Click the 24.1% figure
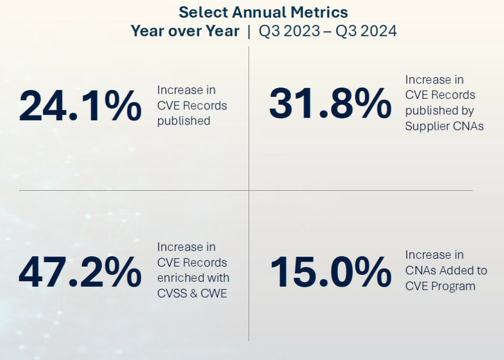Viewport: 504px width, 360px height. tap(80, 106)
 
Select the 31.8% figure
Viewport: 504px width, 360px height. tap(330, 103)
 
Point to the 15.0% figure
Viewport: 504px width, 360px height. tap(330, 271)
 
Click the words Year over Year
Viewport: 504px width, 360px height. tap(185, 31)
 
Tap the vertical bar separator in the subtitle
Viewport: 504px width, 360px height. tap(249, 31)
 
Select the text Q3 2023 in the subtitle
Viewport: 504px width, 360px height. tap(288, 31)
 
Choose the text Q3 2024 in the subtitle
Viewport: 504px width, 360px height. tap(366, 31)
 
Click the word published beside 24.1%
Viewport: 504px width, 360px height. tap(184, 121)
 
